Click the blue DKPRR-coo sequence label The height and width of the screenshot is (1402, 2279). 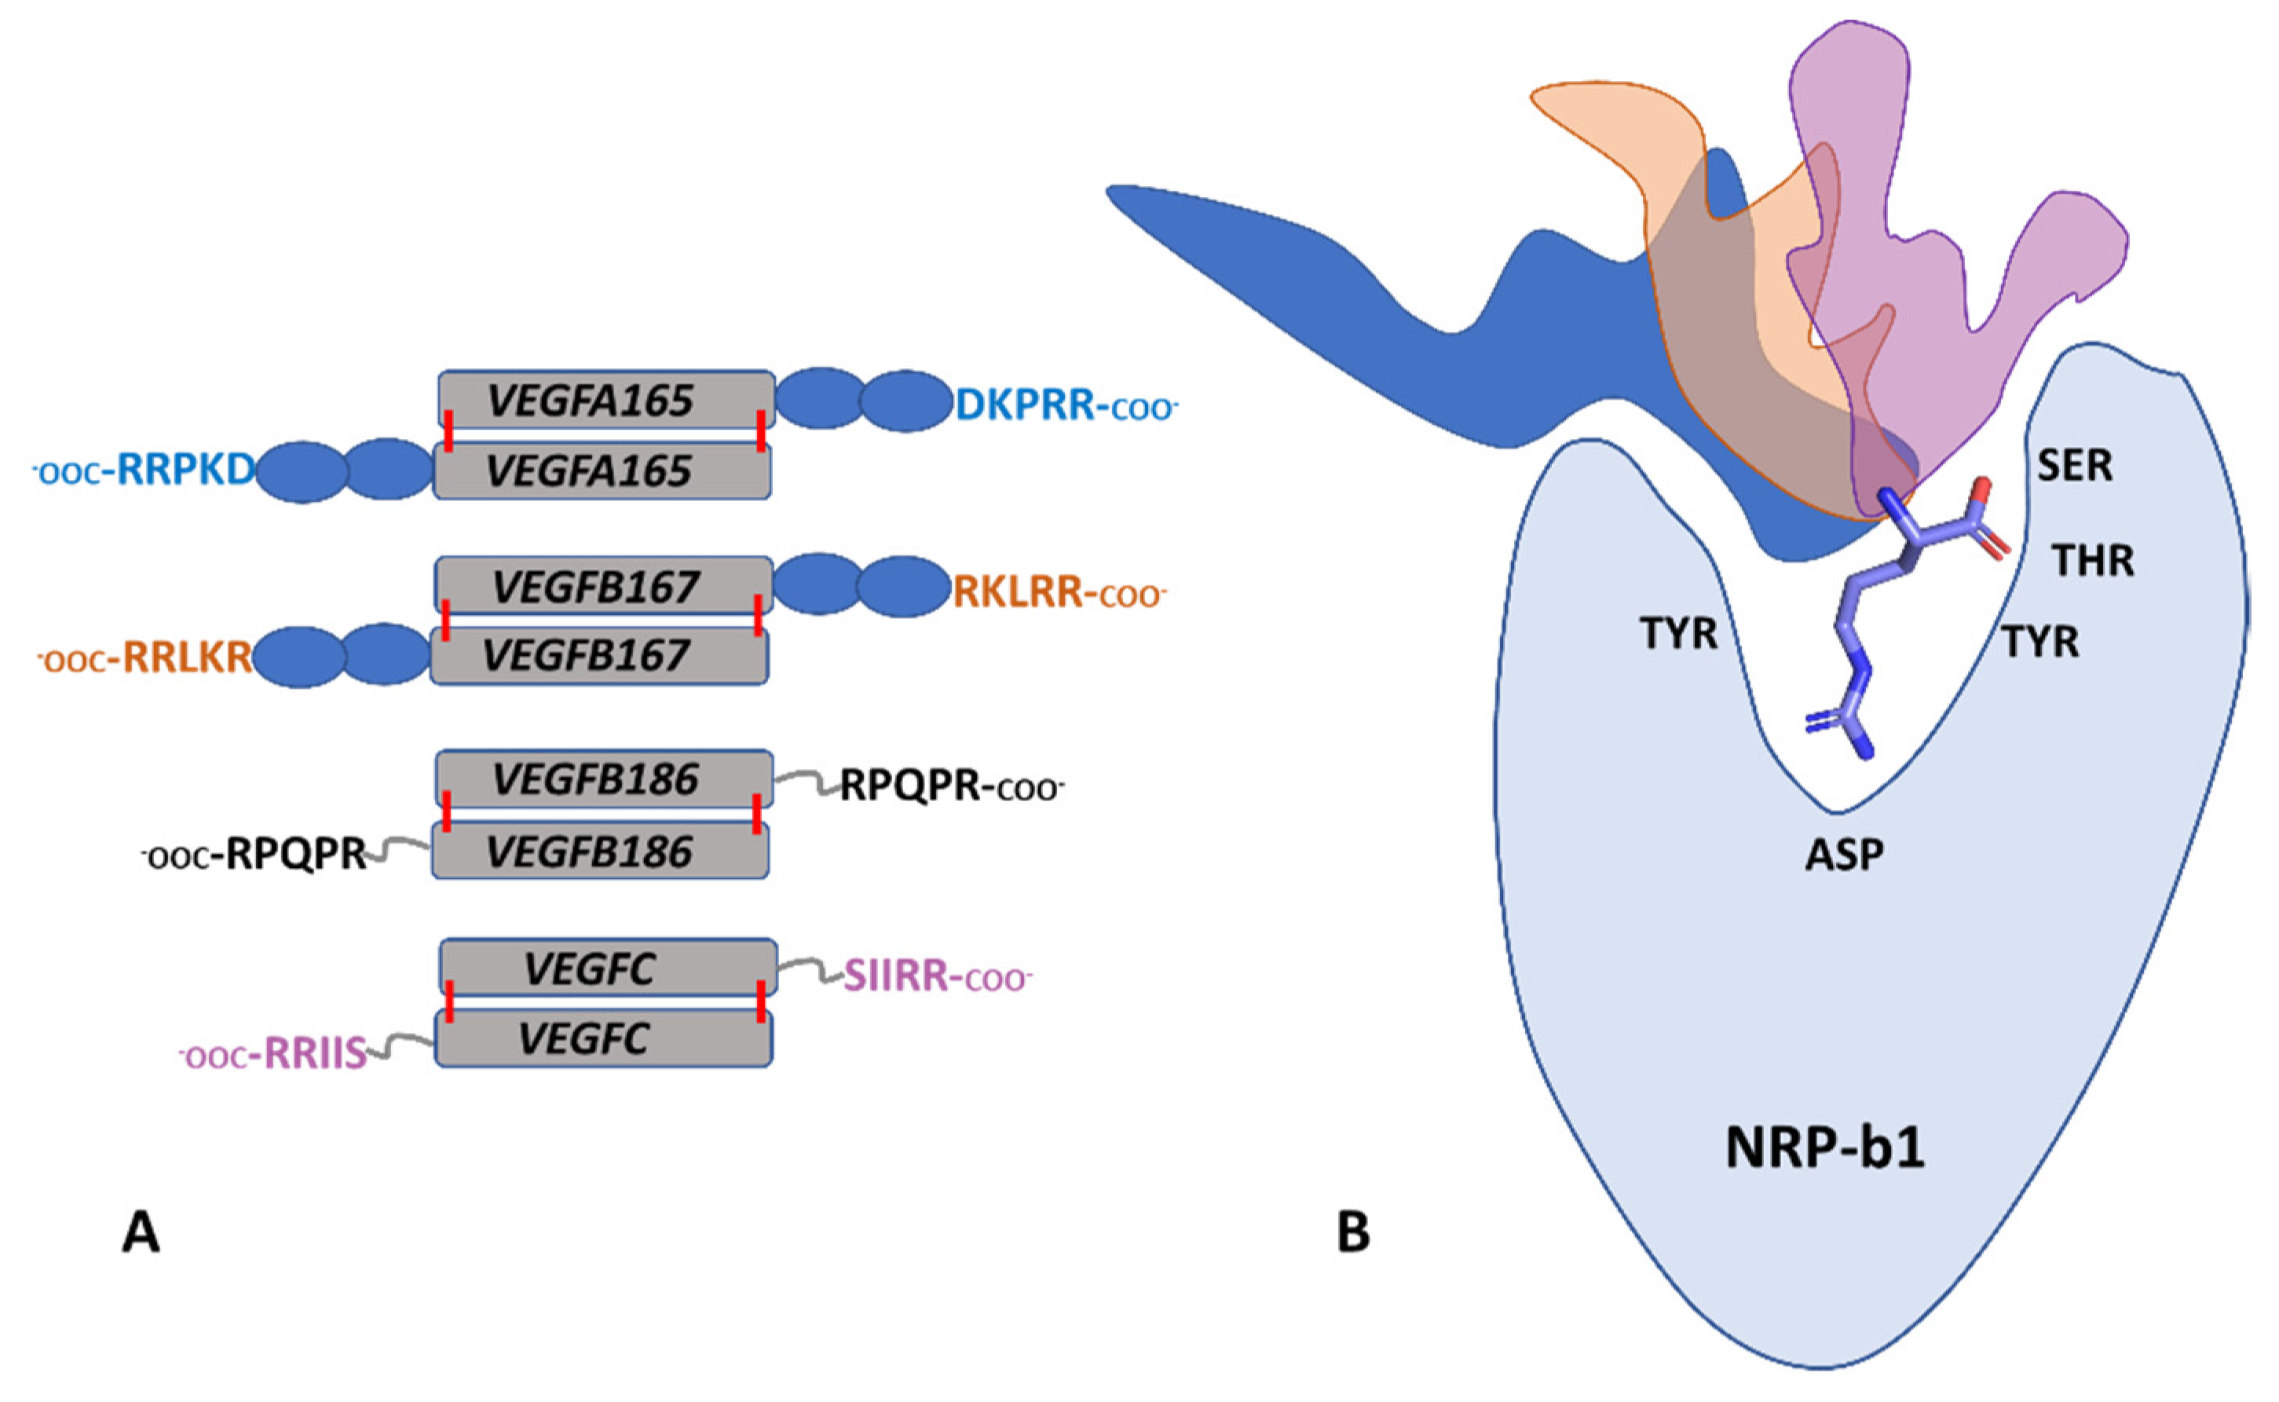coord(1066,405)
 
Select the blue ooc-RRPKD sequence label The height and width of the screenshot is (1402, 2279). coord(144,471)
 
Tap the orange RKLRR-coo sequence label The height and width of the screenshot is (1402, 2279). coord(1059,591)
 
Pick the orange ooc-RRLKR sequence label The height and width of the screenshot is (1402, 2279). coord(144,658)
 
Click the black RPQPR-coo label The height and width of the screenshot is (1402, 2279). coord(951,786)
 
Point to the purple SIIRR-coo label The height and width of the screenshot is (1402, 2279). coord(936,976)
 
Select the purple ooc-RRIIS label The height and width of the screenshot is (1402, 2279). coord(273,1054)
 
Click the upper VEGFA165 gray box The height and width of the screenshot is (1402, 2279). coord(605,401)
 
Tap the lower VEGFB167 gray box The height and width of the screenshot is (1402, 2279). coord(599,657)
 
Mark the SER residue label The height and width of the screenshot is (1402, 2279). coord(2074,466)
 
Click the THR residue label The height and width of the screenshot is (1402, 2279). coord(2093,561)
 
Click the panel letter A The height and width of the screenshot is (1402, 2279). coord(141,1233)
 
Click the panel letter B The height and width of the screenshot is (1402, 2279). coord(1353,1233)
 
